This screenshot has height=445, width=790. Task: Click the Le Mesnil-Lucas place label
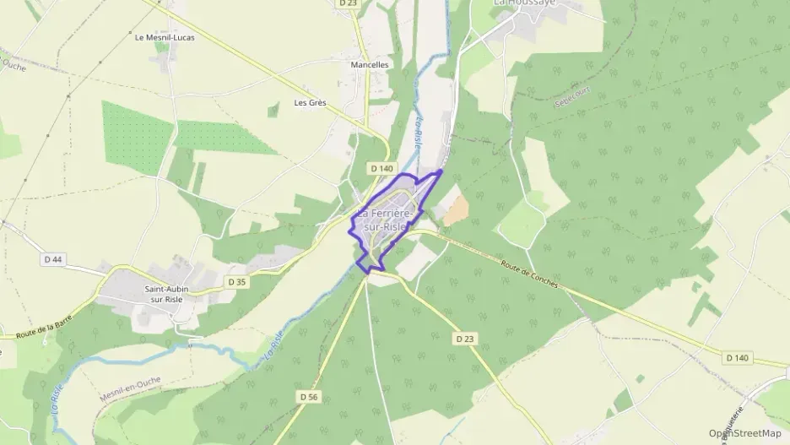tap(165, 37)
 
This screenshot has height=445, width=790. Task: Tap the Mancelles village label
tap(370, 64)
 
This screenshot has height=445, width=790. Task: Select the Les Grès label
tap(310, 103)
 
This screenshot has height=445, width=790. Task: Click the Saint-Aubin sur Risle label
tap(160, 295)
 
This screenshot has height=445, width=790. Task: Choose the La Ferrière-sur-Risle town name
tap(385, 220)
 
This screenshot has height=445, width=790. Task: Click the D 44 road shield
tap(52, 259)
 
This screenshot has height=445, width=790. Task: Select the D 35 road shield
tap(237, 281)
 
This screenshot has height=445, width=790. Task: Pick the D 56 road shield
tap(309, 396)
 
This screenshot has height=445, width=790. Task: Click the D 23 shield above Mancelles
tap(348, 3)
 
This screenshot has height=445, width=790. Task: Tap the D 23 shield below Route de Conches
tap(464, 339)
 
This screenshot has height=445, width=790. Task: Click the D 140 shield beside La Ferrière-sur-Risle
tap(381, 169)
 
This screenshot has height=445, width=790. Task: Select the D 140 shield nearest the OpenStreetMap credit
tap(737, 358)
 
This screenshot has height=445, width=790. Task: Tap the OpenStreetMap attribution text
tap(744, 433)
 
